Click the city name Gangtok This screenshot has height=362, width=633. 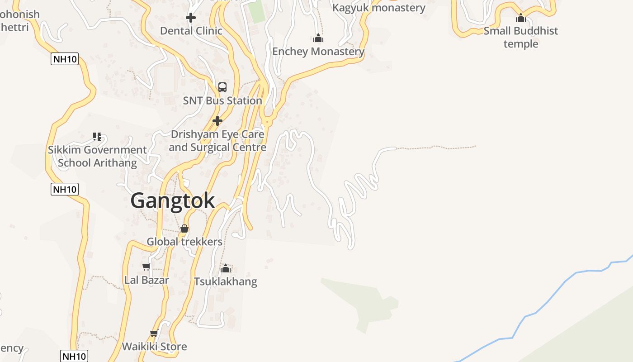pos(172,200)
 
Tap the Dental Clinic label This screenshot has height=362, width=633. pos(191,31)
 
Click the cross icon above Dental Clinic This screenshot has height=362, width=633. pos(191,18)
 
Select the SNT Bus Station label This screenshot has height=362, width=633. pos(222,100)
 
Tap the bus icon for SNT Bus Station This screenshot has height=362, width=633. pos(222,87)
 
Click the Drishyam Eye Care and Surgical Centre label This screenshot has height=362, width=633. pos(217,141)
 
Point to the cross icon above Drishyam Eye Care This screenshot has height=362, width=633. pos(217,121)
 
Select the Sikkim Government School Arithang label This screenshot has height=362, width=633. pos(97,156)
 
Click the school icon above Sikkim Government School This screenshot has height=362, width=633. pos(97,136)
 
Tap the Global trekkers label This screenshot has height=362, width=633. pos(184,242)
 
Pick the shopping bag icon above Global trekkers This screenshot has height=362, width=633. pos(184,229)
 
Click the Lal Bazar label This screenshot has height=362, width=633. pos(146,280)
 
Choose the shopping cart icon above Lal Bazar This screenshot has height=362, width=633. pos(146,267)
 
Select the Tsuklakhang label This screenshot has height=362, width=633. pos(226,281)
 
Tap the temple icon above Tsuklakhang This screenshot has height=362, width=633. pos(226,268)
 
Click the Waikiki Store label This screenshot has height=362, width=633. pos(154,347)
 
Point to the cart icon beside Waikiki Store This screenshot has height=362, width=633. pos(154,333)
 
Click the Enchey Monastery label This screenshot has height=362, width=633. pos(318,52)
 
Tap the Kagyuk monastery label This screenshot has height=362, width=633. pos(379,8)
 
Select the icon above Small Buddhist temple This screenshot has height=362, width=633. pos(521,18)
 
